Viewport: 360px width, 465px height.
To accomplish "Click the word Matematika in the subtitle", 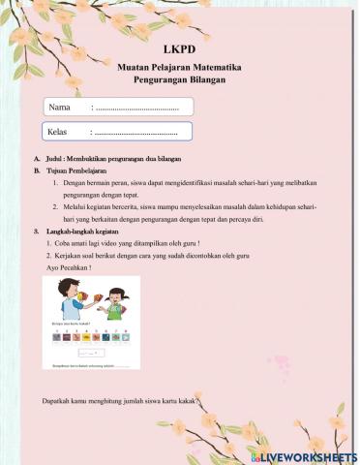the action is [217, 68].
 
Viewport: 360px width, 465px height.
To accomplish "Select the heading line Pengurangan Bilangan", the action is [180, 79].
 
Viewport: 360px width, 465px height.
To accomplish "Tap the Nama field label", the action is [60, 108].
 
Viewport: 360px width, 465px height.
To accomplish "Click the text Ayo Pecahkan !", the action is [69, 267].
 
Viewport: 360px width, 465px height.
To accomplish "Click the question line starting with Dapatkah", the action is [122, 401].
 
